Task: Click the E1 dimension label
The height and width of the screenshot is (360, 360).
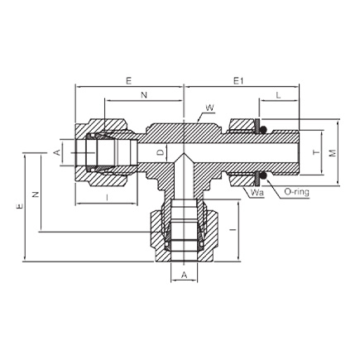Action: (238, 81)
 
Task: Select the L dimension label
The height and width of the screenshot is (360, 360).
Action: (278, 95)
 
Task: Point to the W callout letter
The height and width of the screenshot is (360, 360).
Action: (209, 108)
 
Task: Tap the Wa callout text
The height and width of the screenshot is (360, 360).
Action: (257, 192)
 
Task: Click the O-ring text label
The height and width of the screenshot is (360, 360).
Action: (296, 192)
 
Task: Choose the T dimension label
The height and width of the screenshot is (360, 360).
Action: (316, 152)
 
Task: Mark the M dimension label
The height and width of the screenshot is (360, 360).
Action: (333, 153)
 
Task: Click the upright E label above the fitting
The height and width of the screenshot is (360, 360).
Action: (129, 81)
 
